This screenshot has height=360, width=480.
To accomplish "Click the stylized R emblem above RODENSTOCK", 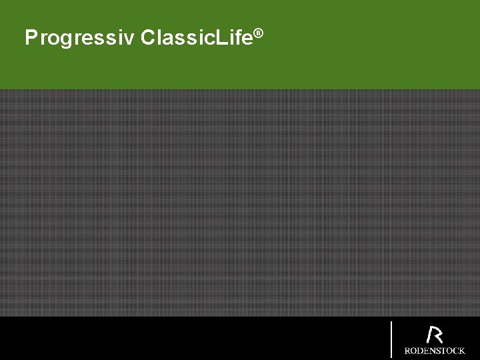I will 435,335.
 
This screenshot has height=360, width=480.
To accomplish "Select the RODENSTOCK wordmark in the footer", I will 435,351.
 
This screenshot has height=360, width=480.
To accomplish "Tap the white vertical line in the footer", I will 391,339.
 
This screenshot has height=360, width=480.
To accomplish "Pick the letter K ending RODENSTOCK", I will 461,351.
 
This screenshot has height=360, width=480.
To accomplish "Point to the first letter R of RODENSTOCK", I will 407,351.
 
